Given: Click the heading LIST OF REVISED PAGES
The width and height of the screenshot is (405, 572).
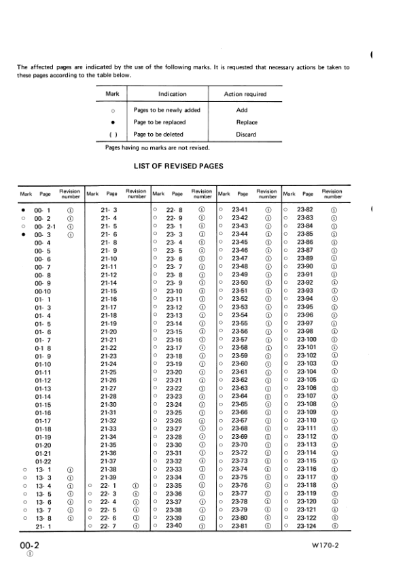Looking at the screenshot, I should (179, 166).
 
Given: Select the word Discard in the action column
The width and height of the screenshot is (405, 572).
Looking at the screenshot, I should (246, 135).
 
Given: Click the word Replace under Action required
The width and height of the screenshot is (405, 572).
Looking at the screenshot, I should (246, 122).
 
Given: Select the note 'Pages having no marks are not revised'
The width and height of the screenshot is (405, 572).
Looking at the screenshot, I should (158, 147).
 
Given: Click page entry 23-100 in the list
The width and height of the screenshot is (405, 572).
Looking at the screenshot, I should (306, 339).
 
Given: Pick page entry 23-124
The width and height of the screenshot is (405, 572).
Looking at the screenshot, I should (306, 526).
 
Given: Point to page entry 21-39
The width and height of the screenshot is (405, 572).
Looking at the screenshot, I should (109, 478).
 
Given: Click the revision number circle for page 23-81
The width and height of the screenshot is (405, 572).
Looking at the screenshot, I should (268, 526).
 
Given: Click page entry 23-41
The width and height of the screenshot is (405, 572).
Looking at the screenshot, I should (239, 210).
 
